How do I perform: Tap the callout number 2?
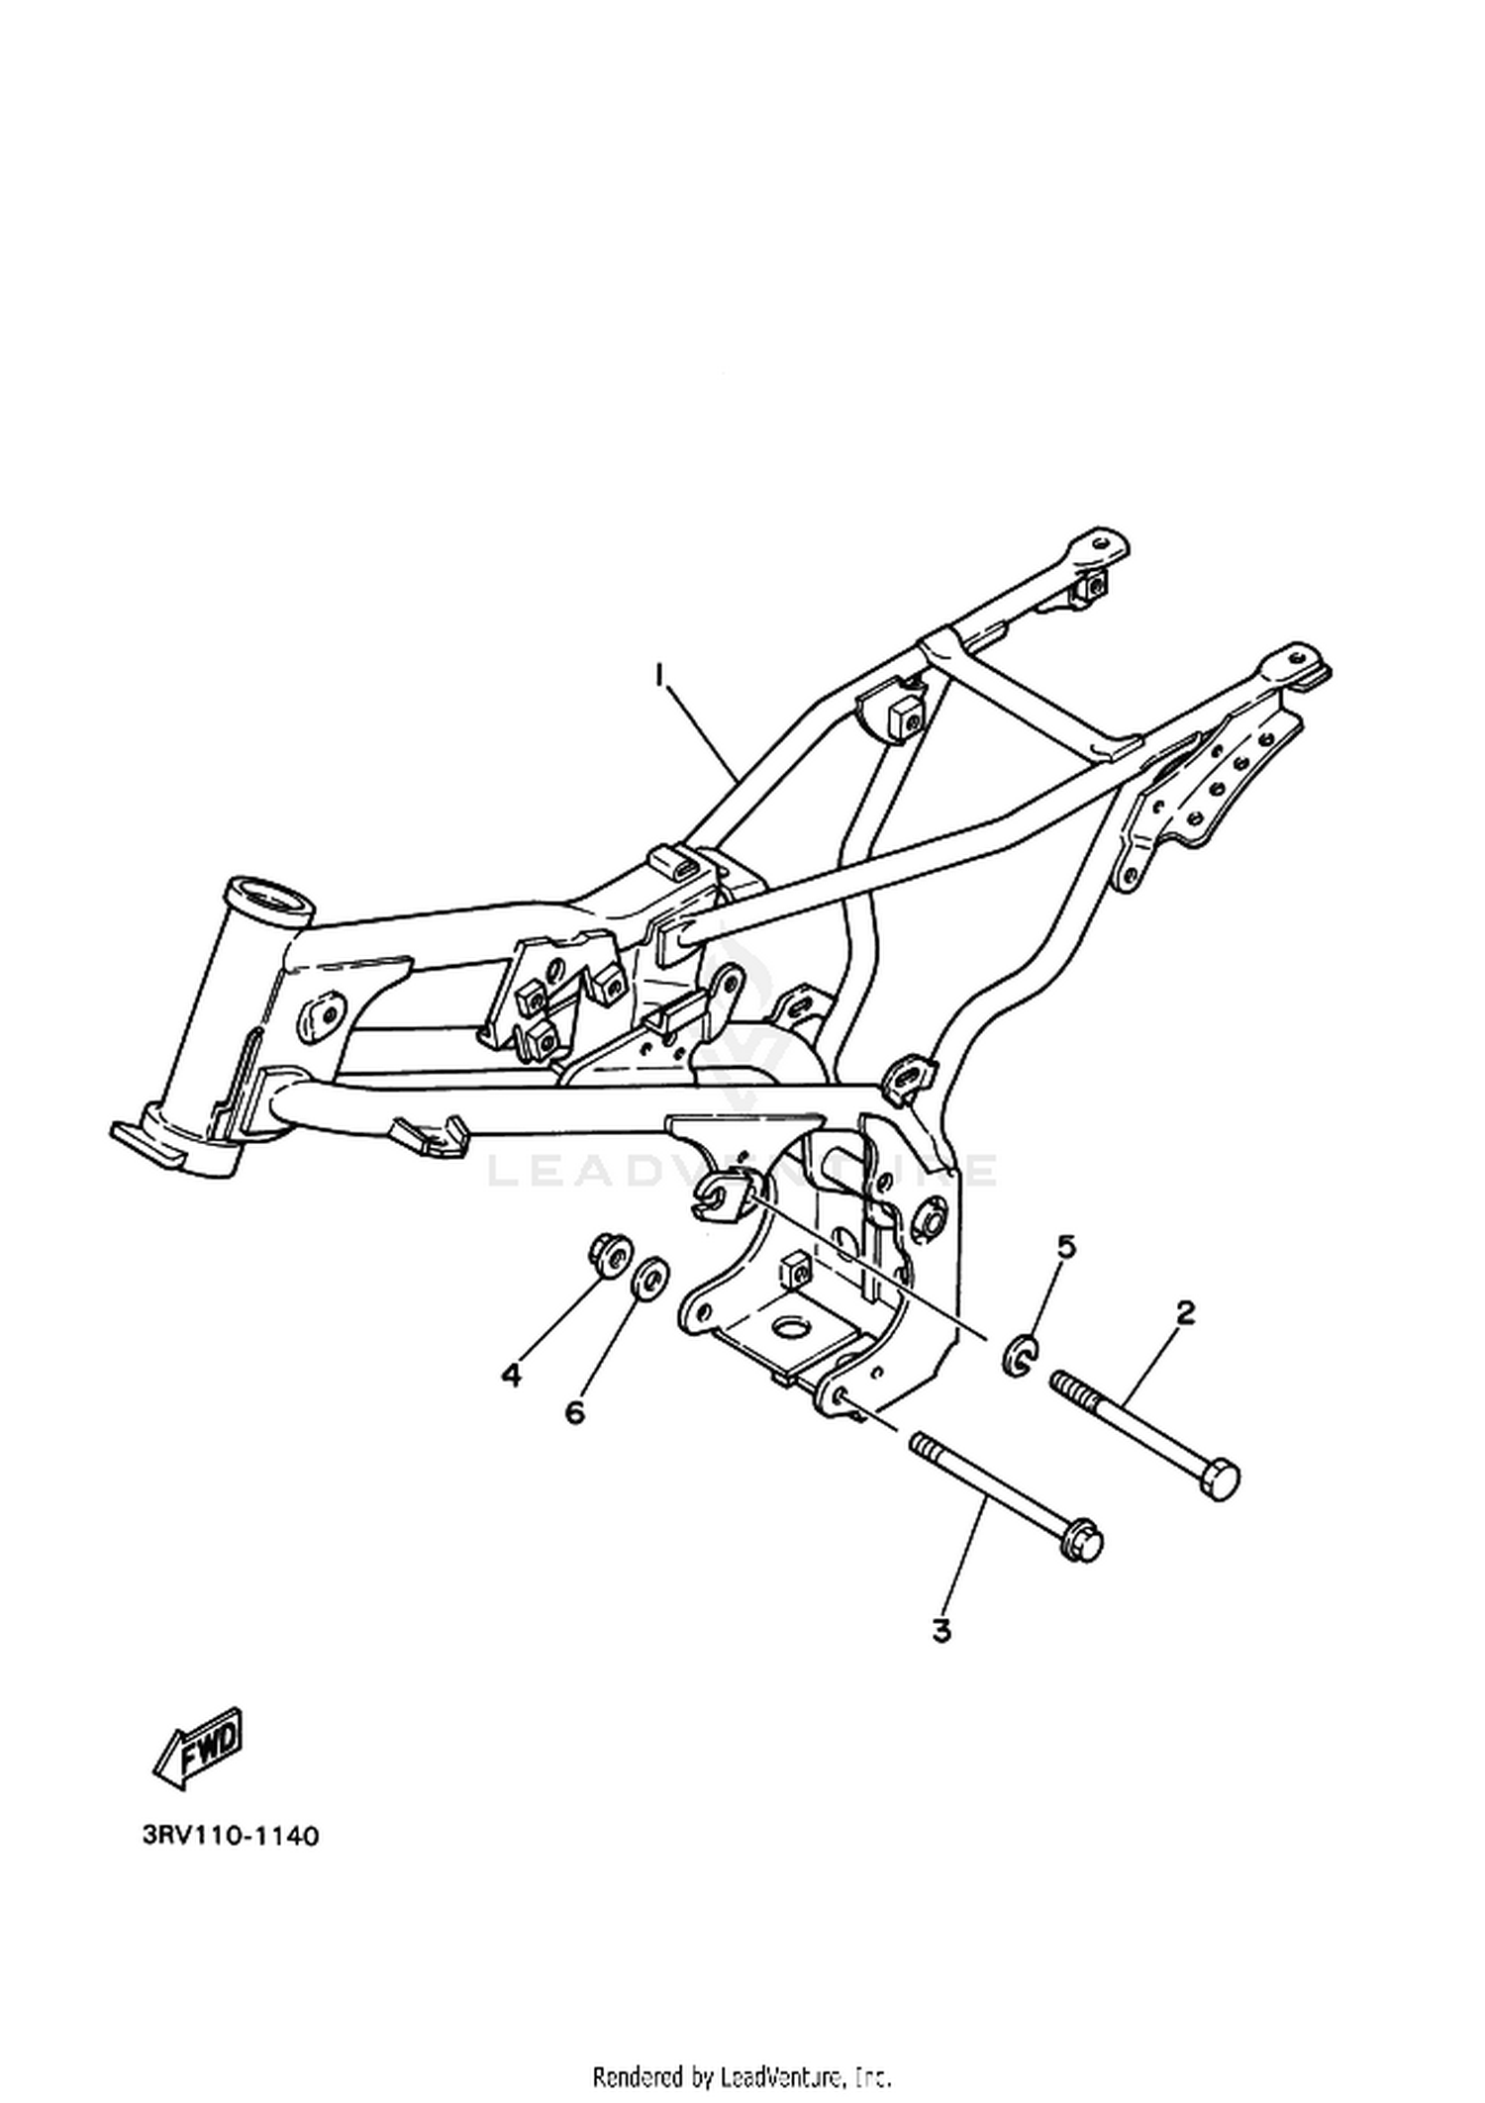coord(1185,1313)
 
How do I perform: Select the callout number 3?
coord(941,1630)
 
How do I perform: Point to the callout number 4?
coord(511,1375)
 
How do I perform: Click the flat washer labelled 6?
coord(649,1281)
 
